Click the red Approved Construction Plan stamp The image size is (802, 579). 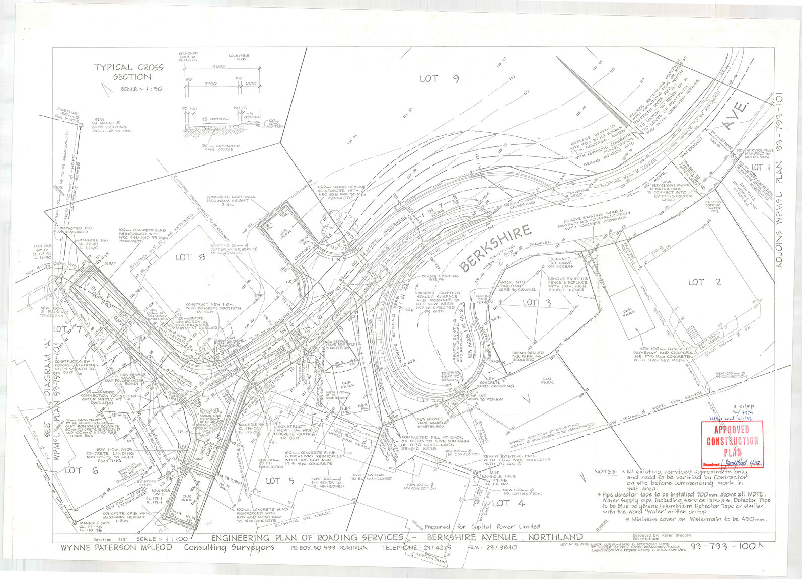732,444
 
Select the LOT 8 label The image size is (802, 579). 190,257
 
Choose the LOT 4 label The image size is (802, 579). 508,503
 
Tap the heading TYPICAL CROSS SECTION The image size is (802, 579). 129,72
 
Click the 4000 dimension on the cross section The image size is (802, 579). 218,66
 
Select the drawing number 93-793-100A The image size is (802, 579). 723,547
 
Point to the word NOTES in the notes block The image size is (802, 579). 606,472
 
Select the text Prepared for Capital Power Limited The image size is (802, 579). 482,526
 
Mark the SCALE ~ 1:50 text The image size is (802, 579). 141,89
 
